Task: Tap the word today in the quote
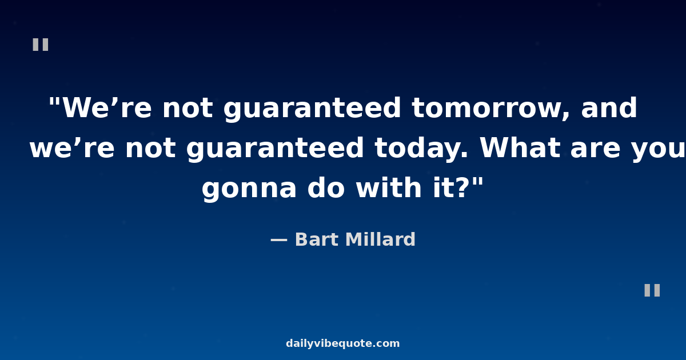point(421,149)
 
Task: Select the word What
point(520,147)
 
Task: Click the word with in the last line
point(389,187)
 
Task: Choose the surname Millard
point(380,239)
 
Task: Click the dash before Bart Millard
point(279,241)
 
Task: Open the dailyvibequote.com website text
point(342,343)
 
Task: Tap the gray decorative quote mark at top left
point(41,45)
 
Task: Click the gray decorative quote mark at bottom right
point(652,290)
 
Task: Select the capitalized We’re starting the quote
point(106,108)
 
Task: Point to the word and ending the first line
point(609,107)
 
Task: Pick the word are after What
point(596,149)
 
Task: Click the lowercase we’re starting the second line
point(72,148)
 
